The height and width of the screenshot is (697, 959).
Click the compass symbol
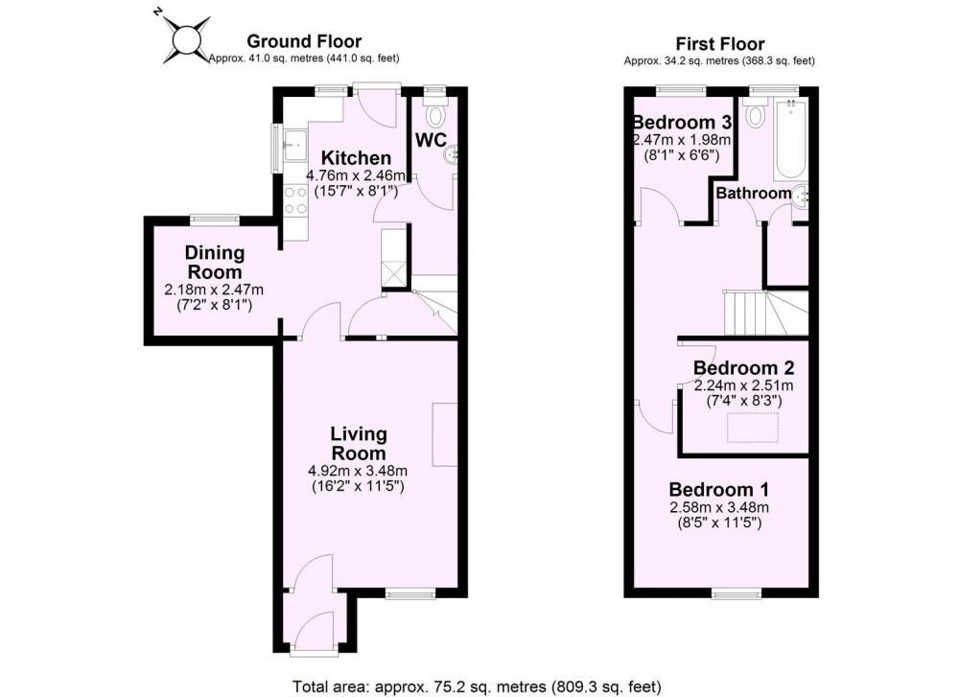click(x=185, y=40)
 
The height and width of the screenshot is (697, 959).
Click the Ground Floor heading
click(x=304, y=41)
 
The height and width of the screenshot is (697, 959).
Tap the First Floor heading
click(x=720, y=44)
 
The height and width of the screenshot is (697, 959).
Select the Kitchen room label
click(x=356, y=157)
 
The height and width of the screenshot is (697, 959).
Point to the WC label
click(x=432, y=139)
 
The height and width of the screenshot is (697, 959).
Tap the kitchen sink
click(x=296, y=145)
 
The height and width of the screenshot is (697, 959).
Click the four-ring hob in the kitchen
click(x=296, y=200)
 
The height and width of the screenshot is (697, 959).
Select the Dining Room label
click(x=214, y=262)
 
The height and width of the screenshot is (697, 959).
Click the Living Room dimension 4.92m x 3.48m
click(x=358, y=471)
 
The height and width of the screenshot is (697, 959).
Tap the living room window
click(x=410, y=593)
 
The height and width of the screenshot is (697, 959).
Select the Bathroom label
click(x=754, y=194)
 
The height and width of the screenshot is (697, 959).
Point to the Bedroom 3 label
click(x=682, y=123)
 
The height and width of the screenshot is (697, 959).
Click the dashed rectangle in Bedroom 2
click(x=752, y=428)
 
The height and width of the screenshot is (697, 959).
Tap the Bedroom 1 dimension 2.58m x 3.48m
click(x=719, y=507)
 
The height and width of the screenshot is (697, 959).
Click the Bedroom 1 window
click(x=737, y=593)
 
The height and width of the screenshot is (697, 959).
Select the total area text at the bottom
click(x=477, y=686)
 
